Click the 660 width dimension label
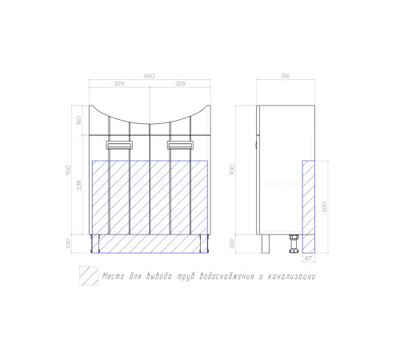point(149,76)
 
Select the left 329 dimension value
point(119,84)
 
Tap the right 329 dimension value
point(180,84)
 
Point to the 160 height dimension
point(79,121)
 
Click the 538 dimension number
point(79,186)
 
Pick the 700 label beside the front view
point(69,170)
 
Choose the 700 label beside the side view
point(233,170)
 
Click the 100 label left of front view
point(69,244)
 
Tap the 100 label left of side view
point(233,244)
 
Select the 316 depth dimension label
point(285,76)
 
